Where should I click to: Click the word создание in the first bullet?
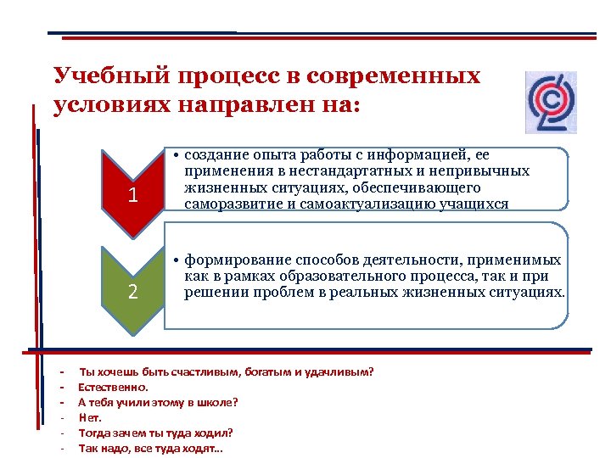211,155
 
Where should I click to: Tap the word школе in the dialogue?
217,402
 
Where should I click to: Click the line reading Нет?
90,417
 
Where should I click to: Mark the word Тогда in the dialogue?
94,433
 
